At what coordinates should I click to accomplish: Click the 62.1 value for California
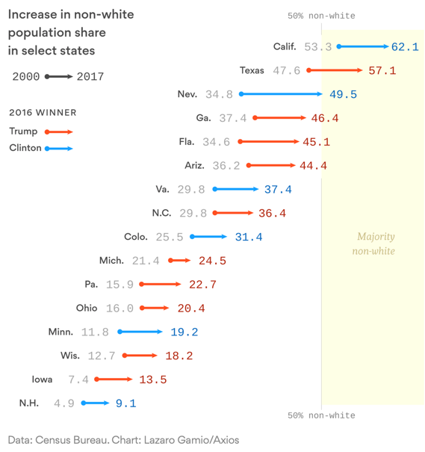(405, 47)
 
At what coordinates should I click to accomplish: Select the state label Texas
(252, 70)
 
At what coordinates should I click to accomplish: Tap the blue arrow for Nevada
(281, 94)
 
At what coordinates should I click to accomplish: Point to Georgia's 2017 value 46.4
(325, 118)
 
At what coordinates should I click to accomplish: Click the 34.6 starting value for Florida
(216, 142)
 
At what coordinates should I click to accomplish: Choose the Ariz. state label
(194, 165)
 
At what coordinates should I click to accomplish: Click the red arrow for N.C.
(233, 213)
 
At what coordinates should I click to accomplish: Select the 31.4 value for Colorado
(249, 237)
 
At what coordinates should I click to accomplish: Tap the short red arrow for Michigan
(179, 261)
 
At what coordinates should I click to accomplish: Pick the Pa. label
(91, 284)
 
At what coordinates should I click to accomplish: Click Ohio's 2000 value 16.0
(120, 308)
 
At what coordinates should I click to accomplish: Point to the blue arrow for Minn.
(140, 332)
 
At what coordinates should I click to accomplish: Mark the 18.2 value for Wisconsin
(179, 356)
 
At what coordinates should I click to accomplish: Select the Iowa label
(42, 380)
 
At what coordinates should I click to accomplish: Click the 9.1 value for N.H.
(126, 403)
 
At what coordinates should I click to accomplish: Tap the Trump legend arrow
(59, 132)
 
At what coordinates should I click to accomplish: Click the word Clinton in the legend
(25, 148)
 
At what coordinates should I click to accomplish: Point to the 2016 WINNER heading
(43, 112)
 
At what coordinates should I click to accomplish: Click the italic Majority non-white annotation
(373, 244)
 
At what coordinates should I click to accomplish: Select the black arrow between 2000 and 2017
(59, 77)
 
